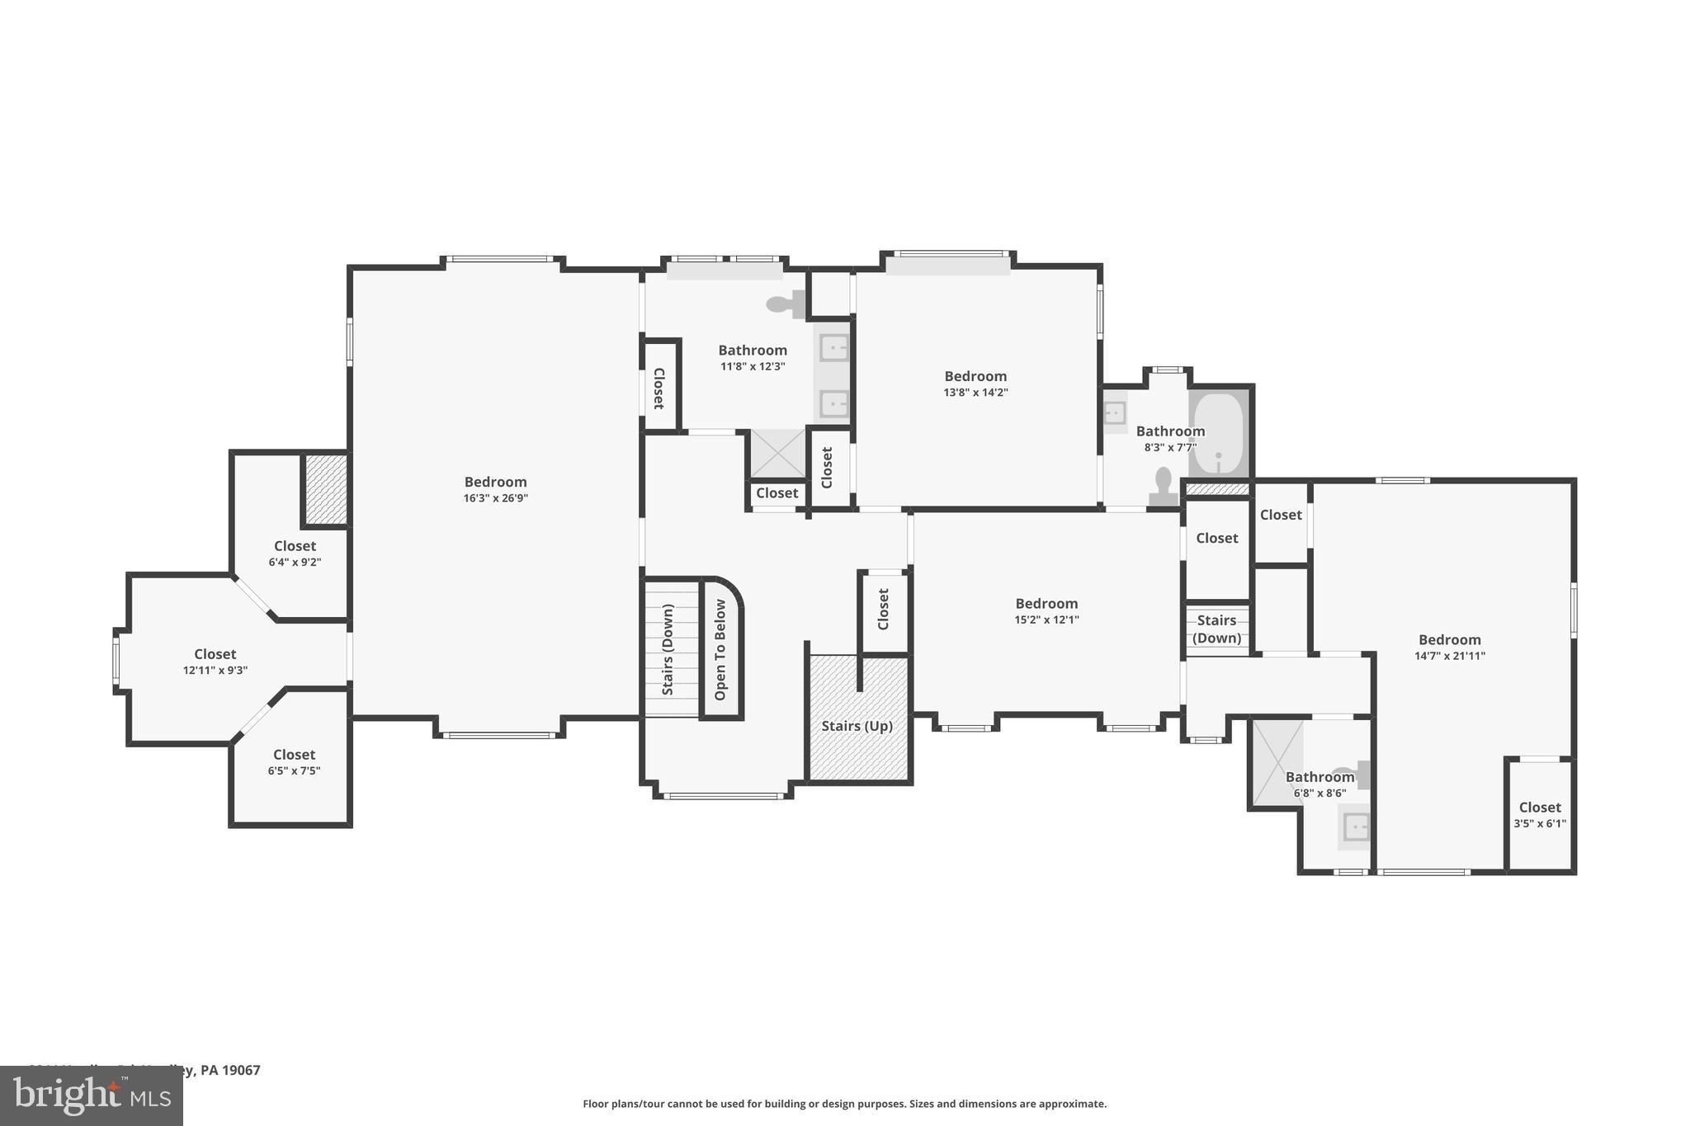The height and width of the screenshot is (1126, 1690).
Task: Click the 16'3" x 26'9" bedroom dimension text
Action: pyautogui.click(x=495, y=498)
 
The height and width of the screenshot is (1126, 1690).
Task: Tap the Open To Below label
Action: pyautogui.click(x=720, y=650)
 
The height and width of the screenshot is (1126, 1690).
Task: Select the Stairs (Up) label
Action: pyautogui.click(x=857, y=726)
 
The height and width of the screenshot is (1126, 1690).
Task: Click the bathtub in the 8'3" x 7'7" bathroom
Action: pyautogui.click(x=1219, y=433)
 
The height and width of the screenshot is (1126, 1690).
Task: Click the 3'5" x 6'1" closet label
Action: pyautogui.click(x=1540, y=808)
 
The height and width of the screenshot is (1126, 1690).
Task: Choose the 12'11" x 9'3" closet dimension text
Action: pyautogui.click(x=215, y=671)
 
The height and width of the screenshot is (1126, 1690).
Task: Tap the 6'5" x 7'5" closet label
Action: pyautogui.click(x=294, y=755)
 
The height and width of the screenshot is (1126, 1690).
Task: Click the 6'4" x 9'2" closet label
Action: pyautogui.click(x=295, y=546)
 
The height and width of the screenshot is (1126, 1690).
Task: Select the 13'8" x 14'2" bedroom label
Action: pyautogui.click(x=975, y=376)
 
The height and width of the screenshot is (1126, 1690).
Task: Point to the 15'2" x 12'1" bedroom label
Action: pyautogui.click(x=1046, y=604)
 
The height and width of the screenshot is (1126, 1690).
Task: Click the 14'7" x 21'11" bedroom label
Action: pyautogui.click(x=1449, y=640)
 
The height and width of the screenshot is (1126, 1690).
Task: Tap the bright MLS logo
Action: pyautogui.click(x=92, y=1095)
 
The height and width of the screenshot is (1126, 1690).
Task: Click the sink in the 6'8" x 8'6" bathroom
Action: pyautogui.click(x=1356, y=826)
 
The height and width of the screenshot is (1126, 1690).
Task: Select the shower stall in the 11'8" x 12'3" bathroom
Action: pyautogui.click(x=777, y=453)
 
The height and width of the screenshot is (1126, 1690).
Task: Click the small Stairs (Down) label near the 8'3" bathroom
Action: pyautogui.click(x=1216, y=629)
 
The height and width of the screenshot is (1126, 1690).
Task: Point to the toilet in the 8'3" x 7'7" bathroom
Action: pyautogui.click(x=1164, y=486)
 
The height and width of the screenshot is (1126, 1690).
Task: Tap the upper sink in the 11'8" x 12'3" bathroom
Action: pyautogui.click(x=833, y=348)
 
